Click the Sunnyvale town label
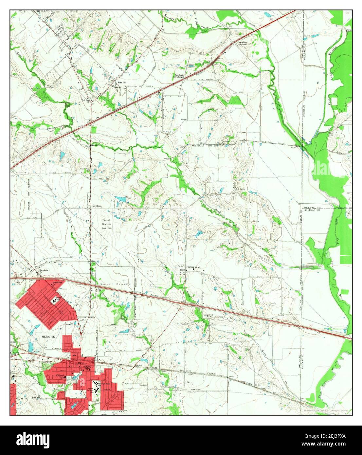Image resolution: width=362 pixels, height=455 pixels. point(193,267)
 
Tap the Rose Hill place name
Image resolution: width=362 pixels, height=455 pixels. point(118,82)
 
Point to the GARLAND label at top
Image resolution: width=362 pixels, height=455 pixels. point(43,11)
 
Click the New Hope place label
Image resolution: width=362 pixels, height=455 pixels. point(97,206)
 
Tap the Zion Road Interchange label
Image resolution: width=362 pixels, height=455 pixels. point(179,76)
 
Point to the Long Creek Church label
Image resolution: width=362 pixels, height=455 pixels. point(208,316)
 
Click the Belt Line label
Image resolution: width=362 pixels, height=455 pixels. point(86,100)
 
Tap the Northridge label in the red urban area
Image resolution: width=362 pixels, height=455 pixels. point(58,282)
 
